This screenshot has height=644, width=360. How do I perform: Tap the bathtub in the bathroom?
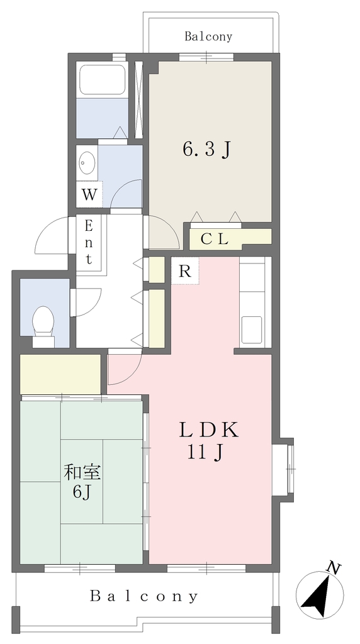pos(103,80)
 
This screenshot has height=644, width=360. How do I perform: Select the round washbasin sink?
pos(87,164)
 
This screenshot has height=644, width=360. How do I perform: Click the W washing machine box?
pos(89,194)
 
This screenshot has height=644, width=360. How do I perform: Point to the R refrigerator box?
pos(185,270)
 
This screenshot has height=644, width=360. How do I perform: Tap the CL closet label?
pos(214,239)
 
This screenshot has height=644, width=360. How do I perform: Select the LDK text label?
pos(208,430)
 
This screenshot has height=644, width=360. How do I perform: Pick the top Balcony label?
pos(208,36)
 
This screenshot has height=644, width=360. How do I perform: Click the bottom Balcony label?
pos(144,596)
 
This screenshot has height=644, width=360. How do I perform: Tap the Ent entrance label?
pos(89,242)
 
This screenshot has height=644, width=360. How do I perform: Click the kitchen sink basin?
pos(252,330)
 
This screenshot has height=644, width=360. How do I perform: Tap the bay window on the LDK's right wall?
pos(284,469)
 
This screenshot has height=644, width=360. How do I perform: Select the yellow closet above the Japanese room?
pos(60,374)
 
